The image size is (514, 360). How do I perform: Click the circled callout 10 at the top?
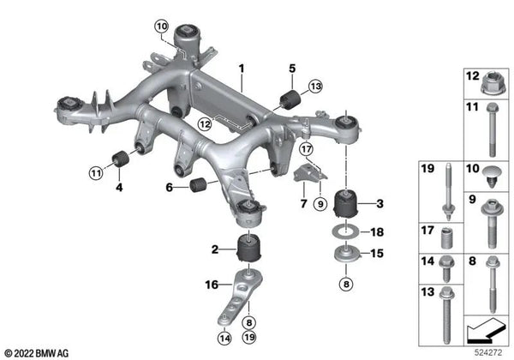[x=162, y=27]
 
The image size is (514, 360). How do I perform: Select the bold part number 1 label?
[x=242, y=69]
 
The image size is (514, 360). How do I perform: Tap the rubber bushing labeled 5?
[x=290, y=99]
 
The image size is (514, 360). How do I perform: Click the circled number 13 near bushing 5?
[x=315, y=87]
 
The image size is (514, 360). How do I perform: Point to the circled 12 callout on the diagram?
[x=205, y=124]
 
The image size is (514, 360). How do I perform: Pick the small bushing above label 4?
[x=120, y=159]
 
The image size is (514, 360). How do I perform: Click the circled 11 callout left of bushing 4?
[x=96, y=172]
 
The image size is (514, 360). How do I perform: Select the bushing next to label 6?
[x=198, y=184]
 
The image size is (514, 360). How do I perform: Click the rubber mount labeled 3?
[x=346, y=203]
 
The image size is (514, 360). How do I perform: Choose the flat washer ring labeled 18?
[x=346, y=232]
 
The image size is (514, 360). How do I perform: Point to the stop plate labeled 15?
[x=346, y=254]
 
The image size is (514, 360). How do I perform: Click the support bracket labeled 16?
[x=242, y=296]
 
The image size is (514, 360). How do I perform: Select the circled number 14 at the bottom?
[x=224, y=338]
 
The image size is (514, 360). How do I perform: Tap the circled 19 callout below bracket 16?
[x=249, y=337]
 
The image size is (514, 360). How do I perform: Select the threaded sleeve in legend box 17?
[x=445, y=238]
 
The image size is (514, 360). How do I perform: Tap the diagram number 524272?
[x=488, y=353]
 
